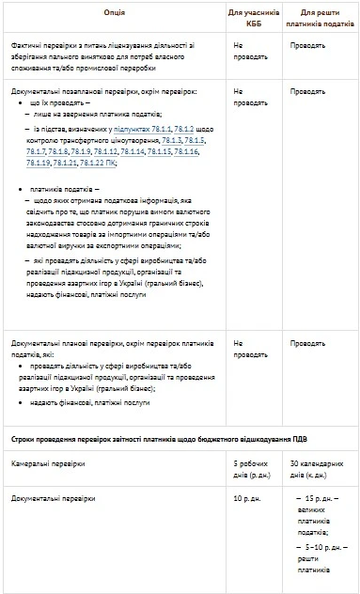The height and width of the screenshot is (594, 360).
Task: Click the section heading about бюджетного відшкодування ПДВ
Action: pos(166,439)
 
